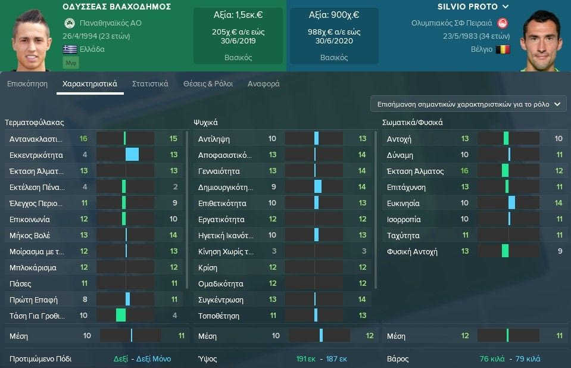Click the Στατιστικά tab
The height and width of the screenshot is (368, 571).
(150, 84)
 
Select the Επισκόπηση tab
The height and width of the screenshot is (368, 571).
(27, 84)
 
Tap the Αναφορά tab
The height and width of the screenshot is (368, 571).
(263, 84)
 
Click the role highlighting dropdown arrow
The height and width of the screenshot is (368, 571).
(557, 104)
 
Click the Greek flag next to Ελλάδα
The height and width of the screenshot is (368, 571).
(69, 49)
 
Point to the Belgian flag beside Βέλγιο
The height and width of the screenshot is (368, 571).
(503, 49)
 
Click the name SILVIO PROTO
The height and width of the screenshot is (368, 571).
(470, 7)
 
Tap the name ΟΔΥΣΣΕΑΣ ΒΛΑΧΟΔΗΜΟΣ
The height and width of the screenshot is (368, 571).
(116, 7)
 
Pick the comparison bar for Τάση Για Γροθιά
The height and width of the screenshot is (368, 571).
(125, 316)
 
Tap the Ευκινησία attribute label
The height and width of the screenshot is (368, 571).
(404, 203)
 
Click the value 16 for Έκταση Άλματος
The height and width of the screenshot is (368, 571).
(464, 171)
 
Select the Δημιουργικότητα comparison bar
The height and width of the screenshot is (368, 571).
(317, 187)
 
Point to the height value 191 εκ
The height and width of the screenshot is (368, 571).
(305, 360)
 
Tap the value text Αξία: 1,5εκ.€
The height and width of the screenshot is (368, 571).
(238, 14)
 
